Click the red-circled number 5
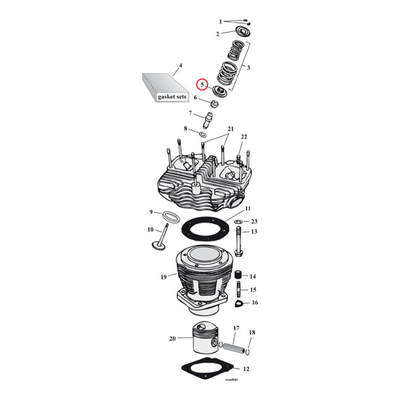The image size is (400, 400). (x=202, y=84)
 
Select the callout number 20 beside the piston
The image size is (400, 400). (x=172, y=338)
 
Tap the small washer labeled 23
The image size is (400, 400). (x=238, y=221)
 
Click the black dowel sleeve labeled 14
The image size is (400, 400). (x=238, y=275)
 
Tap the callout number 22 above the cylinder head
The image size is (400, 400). (x=243, y=137)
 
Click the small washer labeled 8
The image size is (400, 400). (x=204, y=134)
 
